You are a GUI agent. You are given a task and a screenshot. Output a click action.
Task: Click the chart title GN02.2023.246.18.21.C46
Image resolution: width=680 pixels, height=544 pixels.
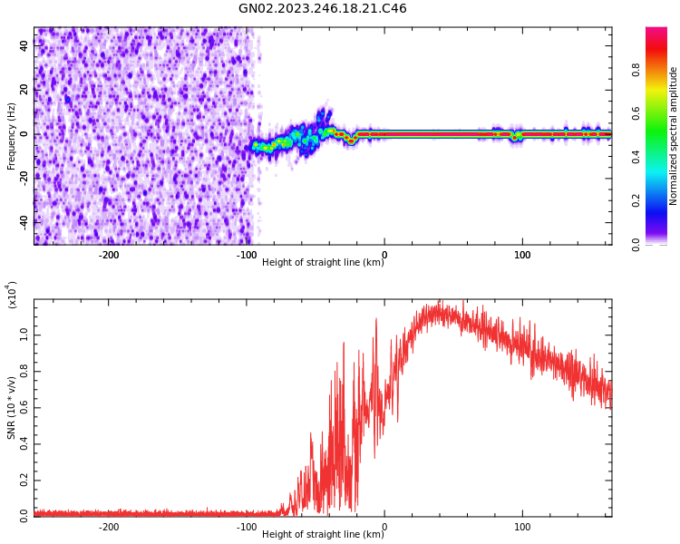(x=322, y=9)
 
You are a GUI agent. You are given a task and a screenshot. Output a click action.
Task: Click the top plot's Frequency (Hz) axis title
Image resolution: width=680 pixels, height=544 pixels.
(x=12, y=136)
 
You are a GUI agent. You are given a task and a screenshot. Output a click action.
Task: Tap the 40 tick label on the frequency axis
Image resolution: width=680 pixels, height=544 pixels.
(x=24, y=47)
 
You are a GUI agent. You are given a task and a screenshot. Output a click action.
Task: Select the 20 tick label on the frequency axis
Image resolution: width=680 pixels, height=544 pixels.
(x=24, y=91)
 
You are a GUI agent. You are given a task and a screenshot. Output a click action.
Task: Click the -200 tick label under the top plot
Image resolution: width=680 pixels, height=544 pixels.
(x=108, y=255)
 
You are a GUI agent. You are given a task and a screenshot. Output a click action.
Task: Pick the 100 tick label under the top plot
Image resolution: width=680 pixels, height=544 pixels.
(x=522, y=255)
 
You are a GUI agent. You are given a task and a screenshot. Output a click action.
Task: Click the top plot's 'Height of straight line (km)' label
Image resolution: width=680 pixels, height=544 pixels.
(x=323, y=263)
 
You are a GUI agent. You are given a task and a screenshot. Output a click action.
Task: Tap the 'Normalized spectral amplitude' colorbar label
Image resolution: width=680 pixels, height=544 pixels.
(x=674, y=136)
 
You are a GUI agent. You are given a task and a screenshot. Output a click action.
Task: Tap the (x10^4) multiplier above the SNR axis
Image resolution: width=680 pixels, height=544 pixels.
(x=12, y=295)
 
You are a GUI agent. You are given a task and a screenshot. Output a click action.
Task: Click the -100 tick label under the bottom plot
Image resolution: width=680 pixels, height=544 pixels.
(x=246, y=527)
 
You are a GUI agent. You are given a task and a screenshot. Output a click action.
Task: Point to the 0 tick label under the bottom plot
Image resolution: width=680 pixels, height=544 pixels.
(x=384, y=527)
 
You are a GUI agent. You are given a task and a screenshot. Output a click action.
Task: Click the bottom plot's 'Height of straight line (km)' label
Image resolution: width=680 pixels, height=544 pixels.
(x=323, y=535)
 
